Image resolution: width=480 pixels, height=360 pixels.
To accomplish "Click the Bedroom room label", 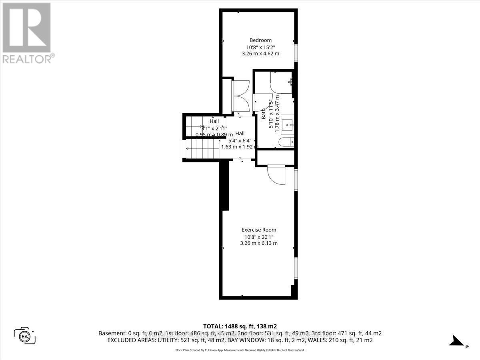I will [260, 40].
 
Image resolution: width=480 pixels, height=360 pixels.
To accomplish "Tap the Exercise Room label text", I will [259, 230].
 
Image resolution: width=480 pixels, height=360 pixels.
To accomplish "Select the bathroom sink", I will [287, 125].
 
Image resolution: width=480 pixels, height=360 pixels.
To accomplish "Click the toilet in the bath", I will [286, 142].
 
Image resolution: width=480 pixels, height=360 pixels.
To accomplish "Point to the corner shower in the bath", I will [281, 83].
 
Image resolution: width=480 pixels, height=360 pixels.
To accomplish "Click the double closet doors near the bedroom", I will [241, 96].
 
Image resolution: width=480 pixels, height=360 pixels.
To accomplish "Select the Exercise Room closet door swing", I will [275, 175].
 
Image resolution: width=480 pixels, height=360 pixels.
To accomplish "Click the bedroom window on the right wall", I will [296, 52].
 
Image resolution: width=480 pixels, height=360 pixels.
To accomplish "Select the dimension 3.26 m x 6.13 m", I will [259, 243].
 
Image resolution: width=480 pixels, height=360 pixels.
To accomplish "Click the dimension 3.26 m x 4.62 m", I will [260, 54].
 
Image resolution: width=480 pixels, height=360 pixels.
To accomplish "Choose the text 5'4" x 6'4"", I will [240, 140].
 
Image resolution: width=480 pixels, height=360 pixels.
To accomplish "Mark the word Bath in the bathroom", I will [264, 115].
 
